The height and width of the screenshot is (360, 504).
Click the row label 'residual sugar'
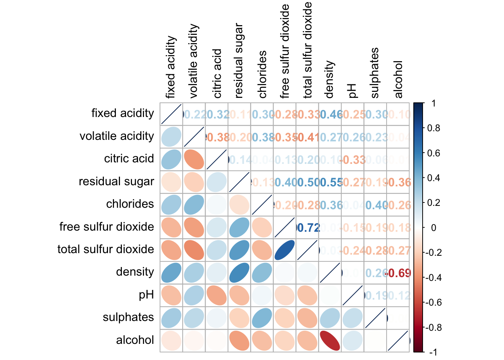(116, 181)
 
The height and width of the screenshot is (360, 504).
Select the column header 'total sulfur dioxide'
(307, 50)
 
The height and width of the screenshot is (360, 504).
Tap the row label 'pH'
(146, 295)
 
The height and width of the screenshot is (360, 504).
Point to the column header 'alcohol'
(398, 79)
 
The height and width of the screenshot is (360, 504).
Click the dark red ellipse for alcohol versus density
(330, 340)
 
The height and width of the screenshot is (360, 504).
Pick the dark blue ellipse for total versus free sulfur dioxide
(285, 250)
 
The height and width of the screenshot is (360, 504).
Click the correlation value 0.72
(308, 228)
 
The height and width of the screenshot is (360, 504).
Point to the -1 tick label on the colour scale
(432, 352)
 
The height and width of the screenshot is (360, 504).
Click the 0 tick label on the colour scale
(433, 228)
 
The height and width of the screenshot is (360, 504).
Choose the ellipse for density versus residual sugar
(239, 273)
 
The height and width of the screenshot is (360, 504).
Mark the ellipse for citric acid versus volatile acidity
(194, 159)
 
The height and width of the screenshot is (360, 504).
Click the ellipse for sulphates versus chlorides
(262, 318)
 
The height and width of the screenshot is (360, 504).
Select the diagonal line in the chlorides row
(262, 205)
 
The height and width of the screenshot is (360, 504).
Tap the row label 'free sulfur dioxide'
(106, 227)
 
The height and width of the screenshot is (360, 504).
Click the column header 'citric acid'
(217, 73)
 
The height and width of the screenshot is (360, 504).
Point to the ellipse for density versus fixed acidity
(171, 273)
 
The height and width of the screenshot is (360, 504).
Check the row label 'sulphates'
(128, 317)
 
